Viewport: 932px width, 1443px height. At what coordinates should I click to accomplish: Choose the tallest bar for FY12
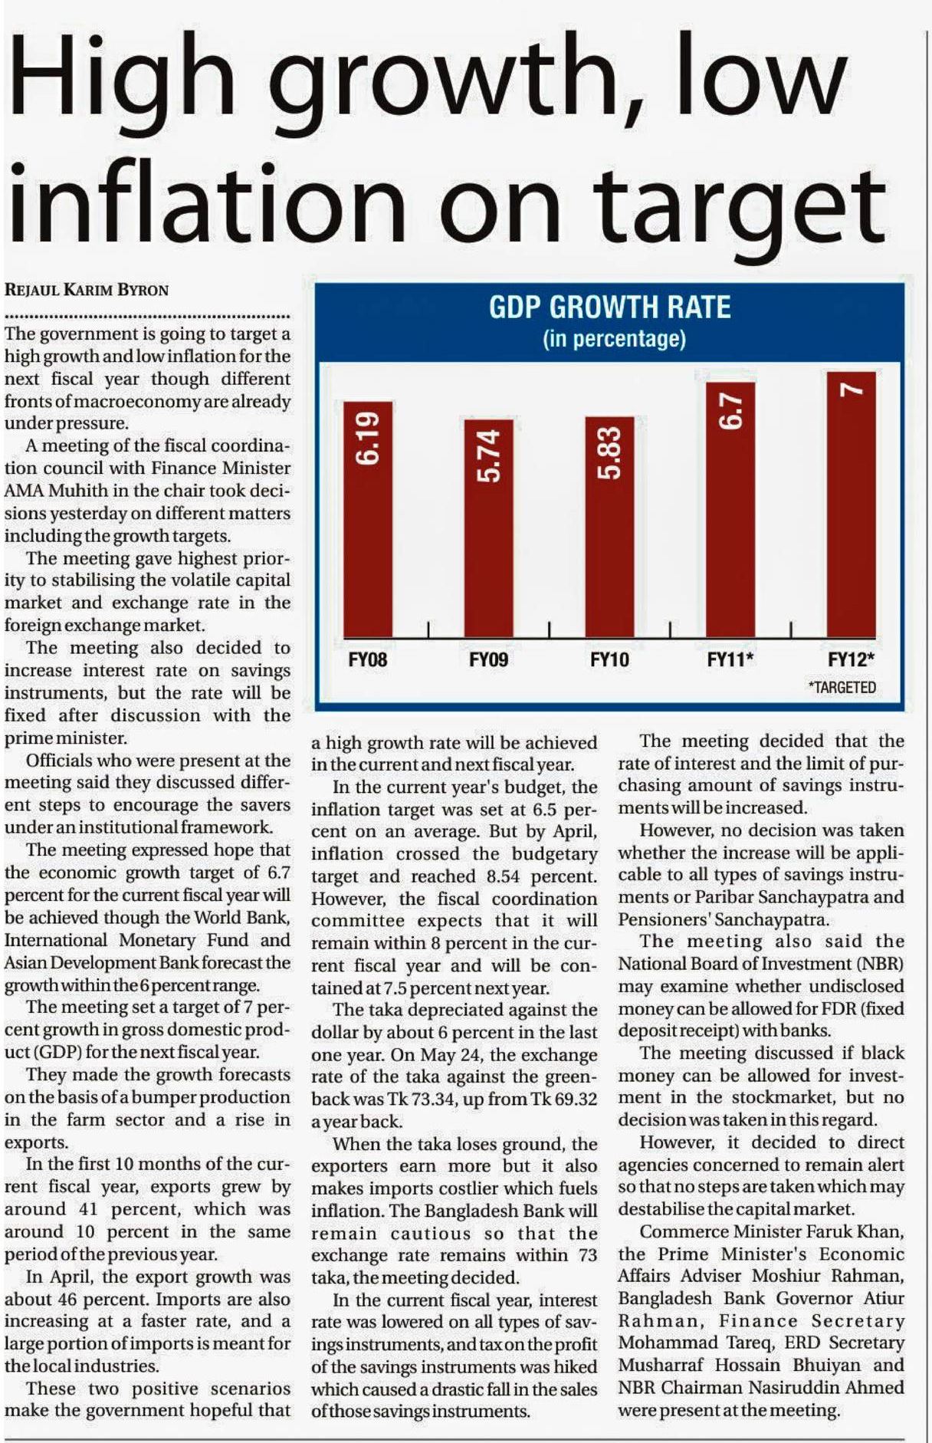coord(851,506)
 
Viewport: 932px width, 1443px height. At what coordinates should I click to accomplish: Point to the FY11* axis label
coord(730,659)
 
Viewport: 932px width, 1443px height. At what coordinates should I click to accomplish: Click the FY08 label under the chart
coord(368,659)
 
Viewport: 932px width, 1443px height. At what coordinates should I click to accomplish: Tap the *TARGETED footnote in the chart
coord(842,688)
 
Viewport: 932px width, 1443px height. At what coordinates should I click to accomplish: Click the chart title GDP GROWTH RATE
coord(610,307)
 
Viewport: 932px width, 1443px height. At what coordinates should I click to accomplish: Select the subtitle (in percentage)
coord(614,339)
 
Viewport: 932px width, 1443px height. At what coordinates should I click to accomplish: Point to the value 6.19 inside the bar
coord(368,439)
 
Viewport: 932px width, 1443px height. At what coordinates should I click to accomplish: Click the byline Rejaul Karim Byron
coord(87,290)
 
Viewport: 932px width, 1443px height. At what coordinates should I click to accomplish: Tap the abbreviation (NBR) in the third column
coord(881,963)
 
